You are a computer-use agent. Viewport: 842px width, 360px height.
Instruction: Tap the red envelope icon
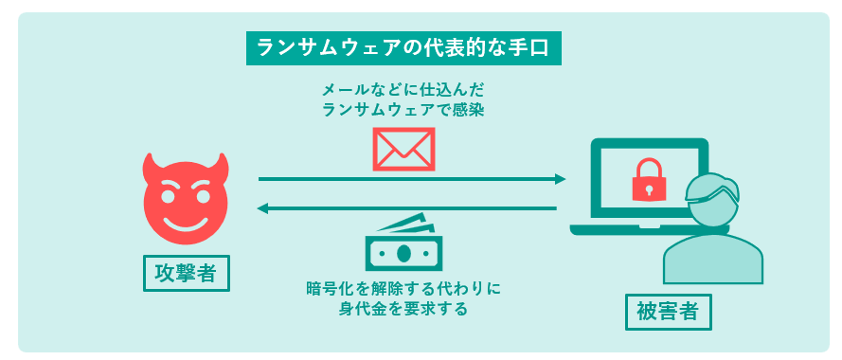[403, 149]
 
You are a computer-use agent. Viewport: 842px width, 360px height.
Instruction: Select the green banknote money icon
[404, 245]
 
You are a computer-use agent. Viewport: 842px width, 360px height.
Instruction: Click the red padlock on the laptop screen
[649, 179]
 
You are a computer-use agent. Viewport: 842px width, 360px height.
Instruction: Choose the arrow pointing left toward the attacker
[407, 208]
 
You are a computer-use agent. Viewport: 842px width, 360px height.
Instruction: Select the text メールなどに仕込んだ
[403, 91]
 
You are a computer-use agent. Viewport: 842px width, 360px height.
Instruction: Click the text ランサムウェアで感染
[403, 111]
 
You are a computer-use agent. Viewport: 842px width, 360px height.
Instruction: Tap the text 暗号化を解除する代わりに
[403, 288]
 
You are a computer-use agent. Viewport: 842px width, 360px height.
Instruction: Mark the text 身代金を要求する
[403, 309]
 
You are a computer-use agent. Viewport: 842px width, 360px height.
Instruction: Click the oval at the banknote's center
[404, 253]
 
